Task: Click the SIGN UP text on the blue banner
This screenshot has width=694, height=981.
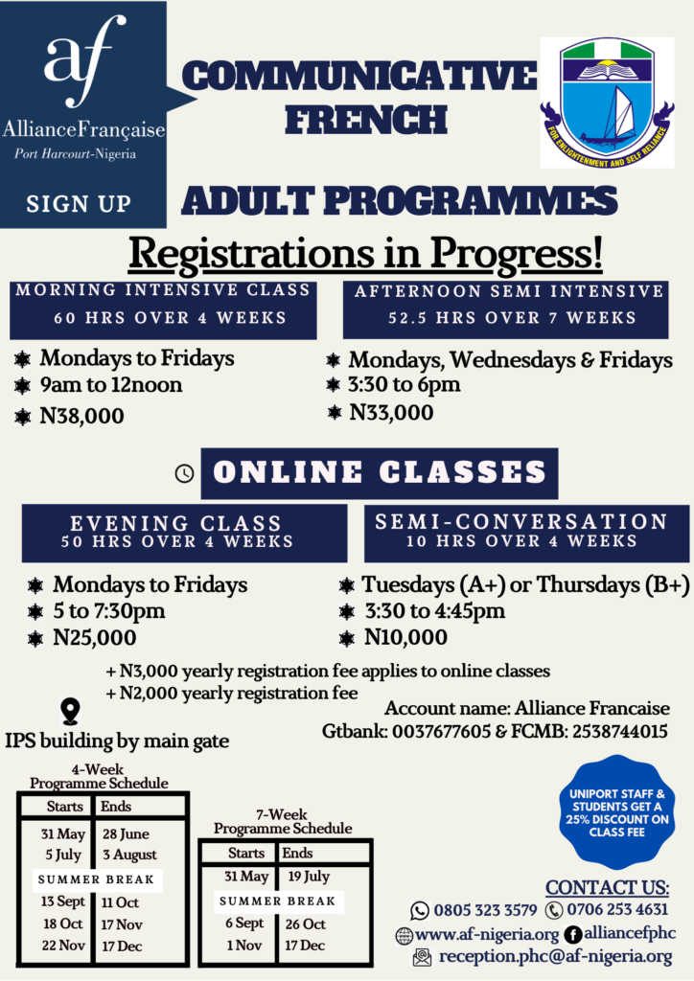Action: pyautogui.click(x=79, y=204)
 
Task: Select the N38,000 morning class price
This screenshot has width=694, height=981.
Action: pyautogui.click(x=82, y=416)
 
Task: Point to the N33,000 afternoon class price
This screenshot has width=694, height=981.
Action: pyautogui.click(x=391, y=412)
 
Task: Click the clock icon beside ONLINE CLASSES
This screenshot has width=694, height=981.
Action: pyautogui.click(x=184, y=473)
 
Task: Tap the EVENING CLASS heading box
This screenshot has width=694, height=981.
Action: pyautogui.click(x=185, y=533)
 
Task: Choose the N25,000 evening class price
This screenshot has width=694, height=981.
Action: pyautogui.click(x=95, y=637)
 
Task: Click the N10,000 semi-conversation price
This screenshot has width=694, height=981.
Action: pyautogui.click(x=406, y=637)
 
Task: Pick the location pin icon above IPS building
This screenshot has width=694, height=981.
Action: pyautogui.click(x=70, y=712)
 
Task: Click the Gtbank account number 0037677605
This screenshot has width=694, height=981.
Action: pyautogui.click(x=441, y=731)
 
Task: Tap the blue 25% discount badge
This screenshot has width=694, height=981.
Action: pyautogui.click(x=616, y=812)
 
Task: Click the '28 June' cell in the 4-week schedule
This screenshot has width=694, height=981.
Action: pyautogui.click(x=126, y=834)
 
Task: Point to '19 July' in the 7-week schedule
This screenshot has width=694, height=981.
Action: pyautogui.click(x=309, y=876)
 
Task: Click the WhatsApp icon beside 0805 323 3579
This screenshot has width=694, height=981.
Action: pyautogui.click(x=419, y=910)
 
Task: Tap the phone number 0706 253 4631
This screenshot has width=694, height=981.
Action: pyautogui.click(x=617, y=909)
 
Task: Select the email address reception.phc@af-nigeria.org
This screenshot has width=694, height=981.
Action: pyautogui.click(x=556, y=957)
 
